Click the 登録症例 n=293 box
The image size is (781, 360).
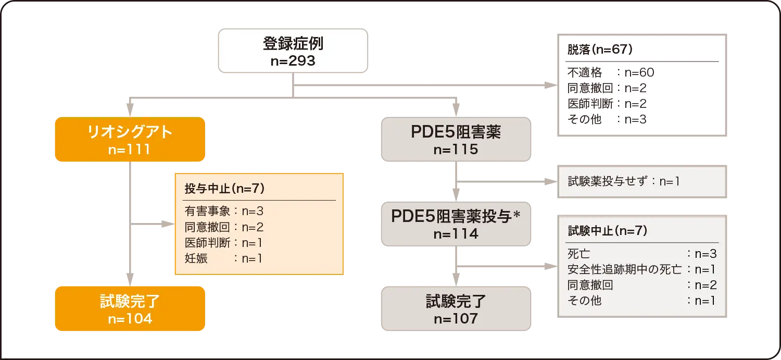pos(293,51)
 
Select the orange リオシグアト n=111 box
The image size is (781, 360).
pos(130,140)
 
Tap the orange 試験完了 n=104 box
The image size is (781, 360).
pos(130,308)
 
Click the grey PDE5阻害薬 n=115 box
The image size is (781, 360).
pos(456,140)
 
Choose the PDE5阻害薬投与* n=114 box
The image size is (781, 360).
pos(456,224)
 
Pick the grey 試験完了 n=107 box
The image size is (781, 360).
pos(456,308)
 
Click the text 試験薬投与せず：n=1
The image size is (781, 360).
pos(624,182)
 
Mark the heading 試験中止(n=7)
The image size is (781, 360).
pos(607,231)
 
